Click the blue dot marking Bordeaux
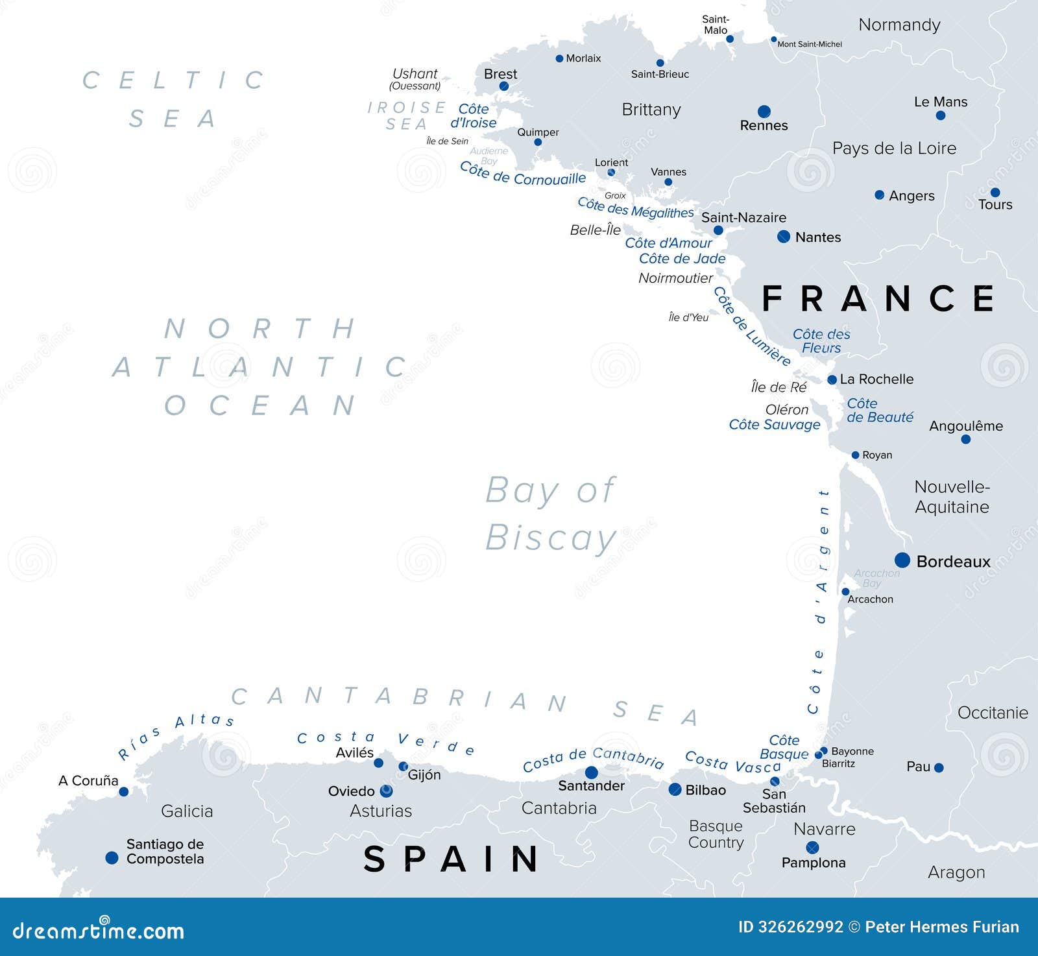902,560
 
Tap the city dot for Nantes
784,237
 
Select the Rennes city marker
764,112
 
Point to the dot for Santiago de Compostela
112,858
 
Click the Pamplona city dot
812,848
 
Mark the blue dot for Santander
591,772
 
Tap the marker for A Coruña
124,791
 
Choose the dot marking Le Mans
941,115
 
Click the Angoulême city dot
965,439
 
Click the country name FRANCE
878,299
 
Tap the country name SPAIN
451,859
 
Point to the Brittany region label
651,110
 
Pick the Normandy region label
899,25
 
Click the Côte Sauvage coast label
775,425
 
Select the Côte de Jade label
682,259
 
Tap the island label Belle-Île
596,230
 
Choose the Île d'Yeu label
688,317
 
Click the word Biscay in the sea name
551,538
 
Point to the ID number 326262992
791,927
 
